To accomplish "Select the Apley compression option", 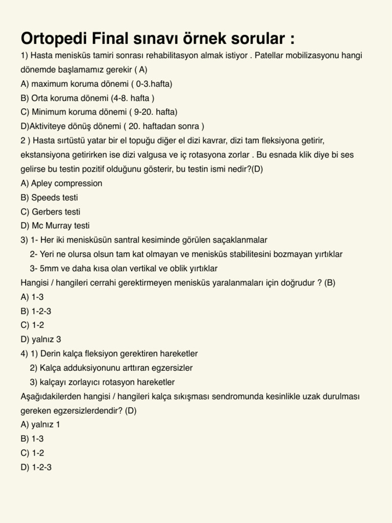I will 61,183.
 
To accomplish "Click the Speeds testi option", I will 50,197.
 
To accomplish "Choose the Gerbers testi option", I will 51,211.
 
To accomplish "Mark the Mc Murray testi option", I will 55,225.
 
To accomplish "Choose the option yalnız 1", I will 40,424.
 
